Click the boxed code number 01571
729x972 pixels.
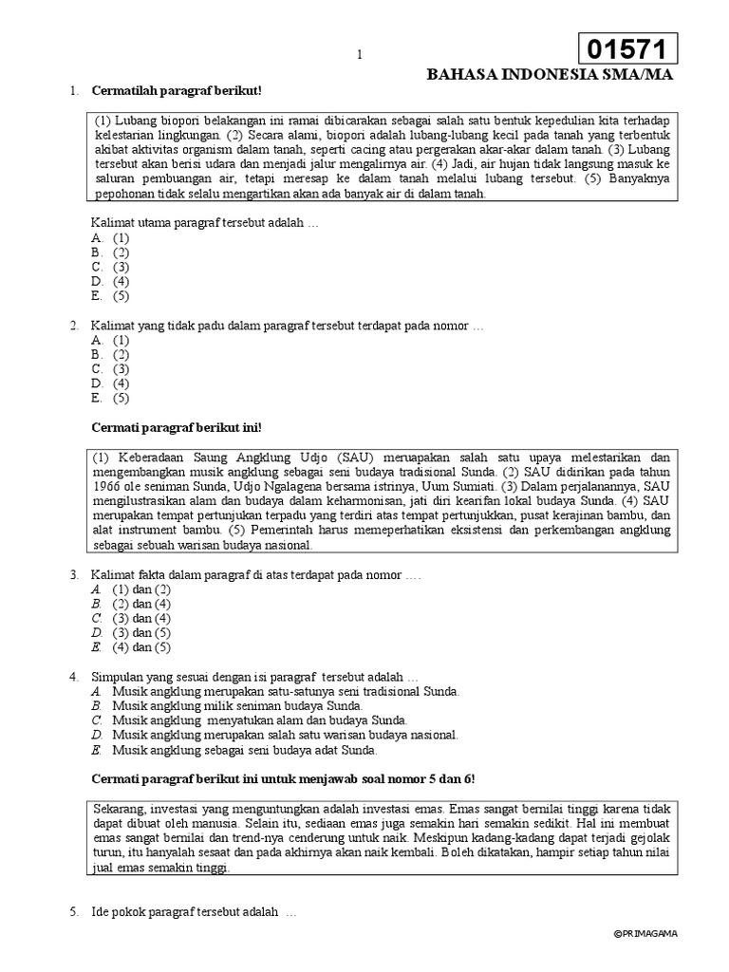coord(627,48)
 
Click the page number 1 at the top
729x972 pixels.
coord(360,55)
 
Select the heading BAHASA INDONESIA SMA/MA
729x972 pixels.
coord(551,76)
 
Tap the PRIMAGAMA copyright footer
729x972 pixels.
coord(646,960)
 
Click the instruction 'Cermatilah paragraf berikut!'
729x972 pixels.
coord(176,91)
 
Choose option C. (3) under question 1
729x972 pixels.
coord(110,267)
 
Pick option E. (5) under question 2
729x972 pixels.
coord(110,398)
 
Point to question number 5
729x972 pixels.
coord(73,913)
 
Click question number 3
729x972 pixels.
coord(73,574)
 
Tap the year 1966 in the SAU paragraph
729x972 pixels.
coord(107,486)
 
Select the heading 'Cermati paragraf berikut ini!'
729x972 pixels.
coord(175,427)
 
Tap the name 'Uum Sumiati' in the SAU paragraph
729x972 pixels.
coord(478,486)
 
